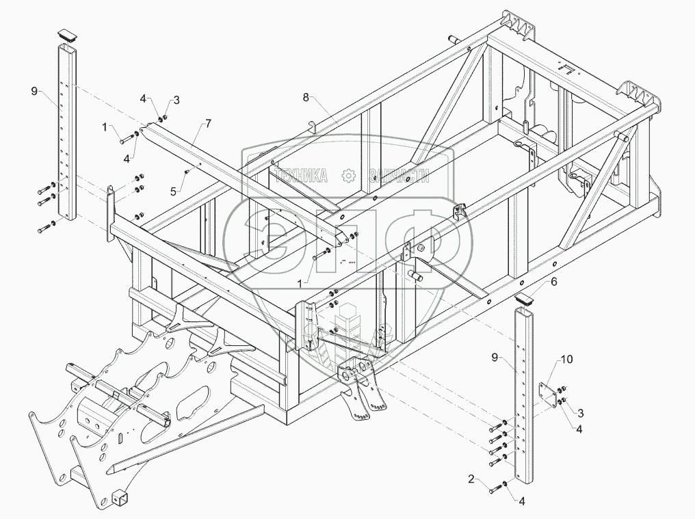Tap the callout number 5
click(x=174, y=192)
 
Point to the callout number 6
click(x=554, y=282)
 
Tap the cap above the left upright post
click(x=67, y=33)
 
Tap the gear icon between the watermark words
click(x=349, y=176)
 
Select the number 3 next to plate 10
click(x=580, y=412)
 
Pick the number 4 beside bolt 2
click(x=522, y=501)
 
